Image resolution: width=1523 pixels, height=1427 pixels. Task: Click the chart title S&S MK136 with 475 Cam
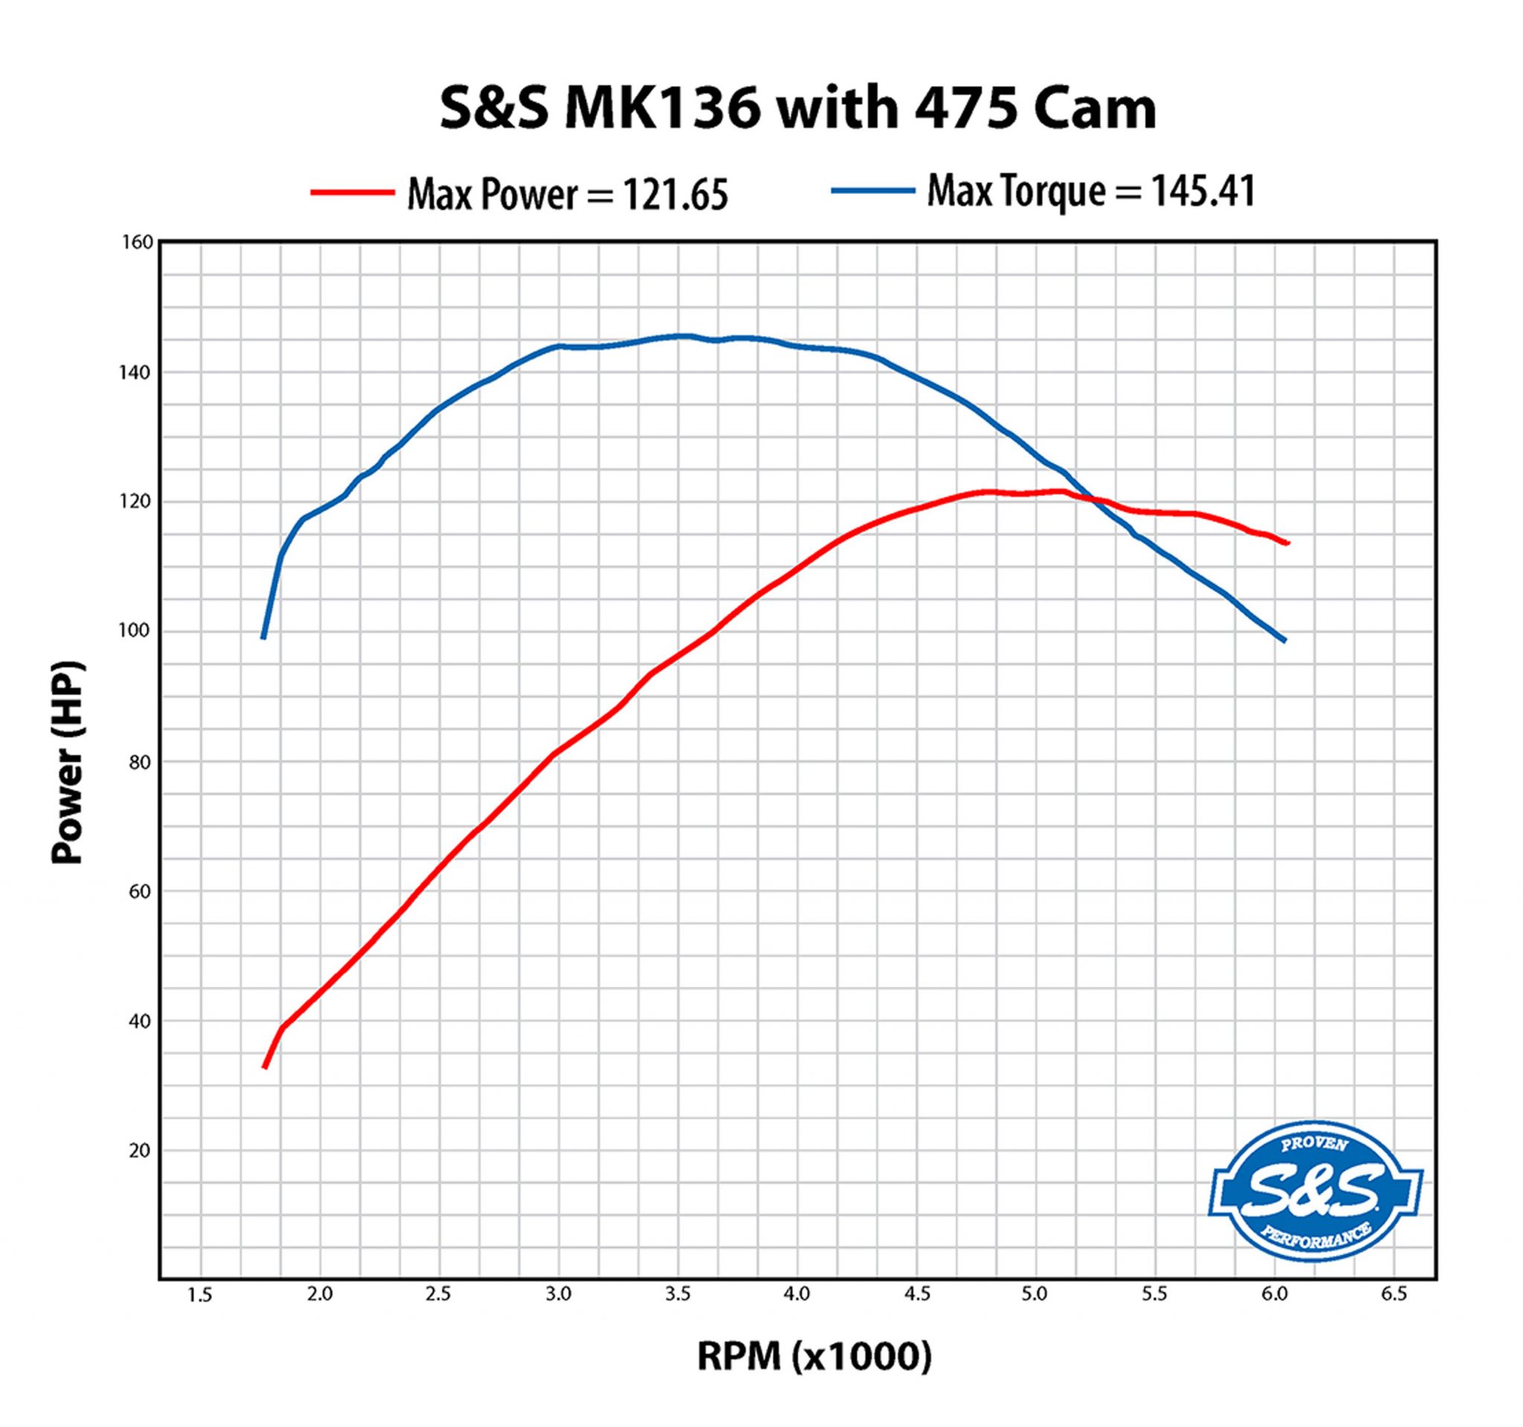(796, 109)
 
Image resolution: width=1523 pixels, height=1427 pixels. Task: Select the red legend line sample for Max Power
(352, 193)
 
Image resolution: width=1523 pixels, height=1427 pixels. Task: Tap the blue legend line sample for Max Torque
(872, 190)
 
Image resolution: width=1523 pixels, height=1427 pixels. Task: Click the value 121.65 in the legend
(674, 196)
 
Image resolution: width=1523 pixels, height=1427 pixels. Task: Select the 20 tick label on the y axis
(141, 1150)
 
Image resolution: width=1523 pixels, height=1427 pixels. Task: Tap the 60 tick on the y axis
(141, 891)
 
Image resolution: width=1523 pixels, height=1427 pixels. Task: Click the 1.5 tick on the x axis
(200, 1295)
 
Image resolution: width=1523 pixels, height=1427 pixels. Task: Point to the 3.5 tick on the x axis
(677, 1295)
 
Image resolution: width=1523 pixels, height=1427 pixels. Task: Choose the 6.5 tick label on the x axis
(1394, 1295)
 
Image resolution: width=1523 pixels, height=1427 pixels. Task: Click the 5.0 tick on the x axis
(1034, 1295)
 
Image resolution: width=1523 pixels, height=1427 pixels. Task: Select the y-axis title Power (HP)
(68, 762)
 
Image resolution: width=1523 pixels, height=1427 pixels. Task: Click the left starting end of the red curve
(265, 1067)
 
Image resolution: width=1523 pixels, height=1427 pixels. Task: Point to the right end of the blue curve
(1285, 640)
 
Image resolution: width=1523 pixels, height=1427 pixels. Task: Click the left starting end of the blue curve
(263, 637)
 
